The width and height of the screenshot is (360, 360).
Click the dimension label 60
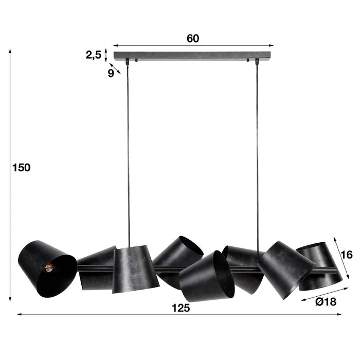[193, 39]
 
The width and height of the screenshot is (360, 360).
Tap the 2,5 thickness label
[94, 55]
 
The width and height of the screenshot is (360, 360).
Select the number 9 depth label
[111, 73]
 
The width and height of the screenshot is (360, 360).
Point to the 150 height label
[22, 168]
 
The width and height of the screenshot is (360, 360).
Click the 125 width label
[181, 308]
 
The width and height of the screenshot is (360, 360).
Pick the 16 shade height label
[347, 255]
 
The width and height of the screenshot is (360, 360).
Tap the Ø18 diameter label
[326, 302]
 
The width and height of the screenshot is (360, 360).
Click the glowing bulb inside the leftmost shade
[49, 267]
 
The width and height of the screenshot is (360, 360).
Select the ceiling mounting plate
[192, 56]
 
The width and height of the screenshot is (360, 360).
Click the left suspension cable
[129, 154]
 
